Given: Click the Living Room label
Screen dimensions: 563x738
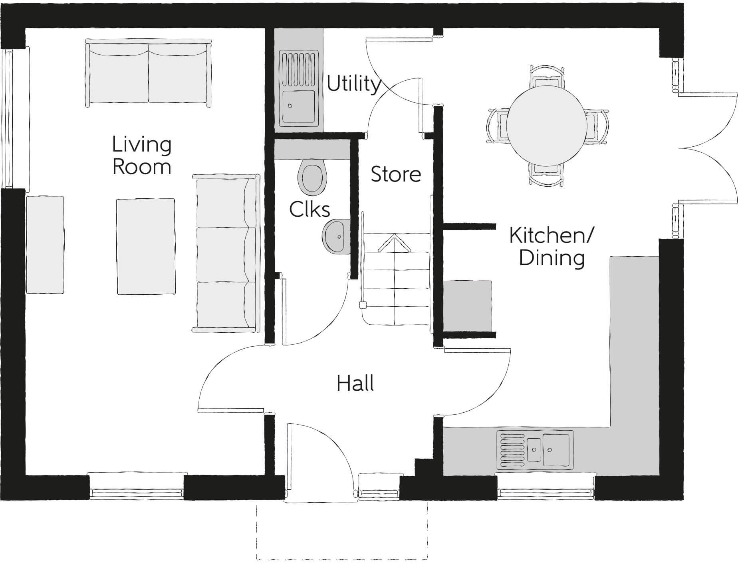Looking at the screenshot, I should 142,156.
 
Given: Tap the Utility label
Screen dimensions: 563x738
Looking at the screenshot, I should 353,84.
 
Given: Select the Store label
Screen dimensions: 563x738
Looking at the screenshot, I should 396,174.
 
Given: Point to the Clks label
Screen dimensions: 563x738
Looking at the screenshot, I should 309,210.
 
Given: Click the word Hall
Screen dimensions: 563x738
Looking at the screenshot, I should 355,383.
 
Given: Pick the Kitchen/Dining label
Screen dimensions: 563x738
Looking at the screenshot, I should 552,247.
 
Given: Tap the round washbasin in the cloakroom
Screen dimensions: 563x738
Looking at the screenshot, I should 335,236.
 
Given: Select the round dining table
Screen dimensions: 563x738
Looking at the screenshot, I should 547,125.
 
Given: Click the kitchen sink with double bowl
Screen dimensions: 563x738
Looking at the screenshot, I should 535,449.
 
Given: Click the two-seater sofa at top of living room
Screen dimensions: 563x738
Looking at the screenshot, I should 149,73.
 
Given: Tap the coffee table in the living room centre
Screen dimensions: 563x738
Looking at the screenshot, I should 146,247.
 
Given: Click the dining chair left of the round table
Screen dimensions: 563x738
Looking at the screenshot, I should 497,125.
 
